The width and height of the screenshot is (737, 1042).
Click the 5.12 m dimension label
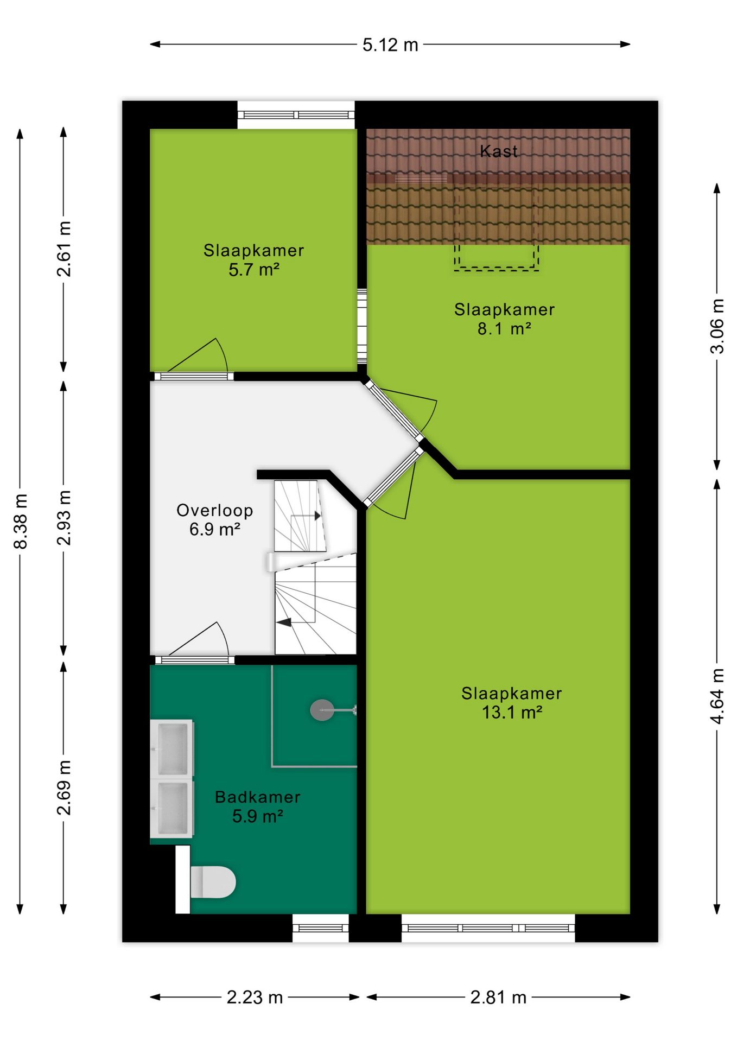390,45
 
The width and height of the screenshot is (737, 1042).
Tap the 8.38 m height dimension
21,521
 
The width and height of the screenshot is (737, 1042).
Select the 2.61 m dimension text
64,249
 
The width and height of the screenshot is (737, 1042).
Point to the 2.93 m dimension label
64,517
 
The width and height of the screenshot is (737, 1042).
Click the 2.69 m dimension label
64,787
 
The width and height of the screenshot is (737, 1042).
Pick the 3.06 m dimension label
717,326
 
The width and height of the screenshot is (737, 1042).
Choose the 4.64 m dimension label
717,696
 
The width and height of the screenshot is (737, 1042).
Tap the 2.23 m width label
255,997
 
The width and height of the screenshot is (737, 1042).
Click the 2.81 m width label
498,997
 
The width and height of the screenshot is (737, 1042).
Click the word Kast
499,151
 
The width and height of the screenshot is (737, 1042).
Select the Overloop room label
215,510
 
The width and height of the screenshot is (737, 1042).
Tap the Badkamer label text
258,797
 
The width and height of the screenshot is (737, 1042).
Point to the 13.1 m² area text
512,712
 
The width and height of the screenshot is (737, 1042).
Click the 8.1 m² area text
504,328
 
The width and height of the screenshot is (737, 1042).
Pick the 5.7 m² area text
254,269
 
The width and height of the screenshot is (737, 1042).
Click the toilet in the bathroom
212,882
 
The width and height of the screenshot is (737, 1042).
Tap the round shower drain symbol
322,709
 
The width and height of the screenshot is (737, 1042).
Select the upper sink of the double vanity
173,748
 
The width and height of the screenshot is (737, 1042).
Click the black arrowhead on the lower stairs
284,622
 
